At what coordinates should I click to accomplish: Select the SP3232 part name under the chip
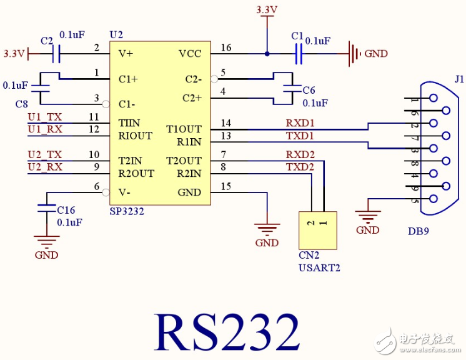coord(127,211)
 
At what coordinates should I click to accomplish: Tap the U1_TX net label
coord(45,117)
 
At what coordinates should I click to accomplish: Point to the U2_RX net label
coord(45,167)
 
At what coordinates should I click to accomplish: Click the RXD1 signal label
coord(300,123)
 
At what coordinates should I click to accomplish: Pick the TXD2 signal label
coord(300,167)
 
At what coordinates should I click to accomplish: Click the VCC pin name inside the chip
coord(190,54)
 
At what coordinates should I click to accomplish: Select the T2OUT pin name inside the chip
coord(184,161)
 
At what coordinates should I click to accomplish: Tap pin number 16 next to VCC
coord(226,47)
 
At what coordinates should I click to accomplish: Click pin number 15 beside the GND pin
coord(226,186)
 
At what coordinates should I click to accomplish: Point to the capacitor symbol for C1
coord(298,54)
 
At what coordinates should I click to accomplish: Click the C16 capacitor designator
coord(66,210)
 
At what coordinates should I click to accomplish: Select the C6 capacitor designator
coord(309,90)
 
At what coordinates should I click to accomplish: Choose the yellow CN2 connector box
coord(317,231)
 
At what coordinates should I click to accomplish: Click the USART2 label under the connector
coord(319,268)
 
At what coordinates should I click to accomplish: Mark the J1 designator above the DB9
coord(459,79)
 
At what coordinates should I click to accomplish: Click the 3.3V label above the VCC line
coord(267,10)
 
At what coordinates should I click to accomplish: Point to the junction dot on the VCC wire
coord(267,54)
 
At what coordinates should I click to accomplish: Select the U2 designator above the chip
coord(116,34)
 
